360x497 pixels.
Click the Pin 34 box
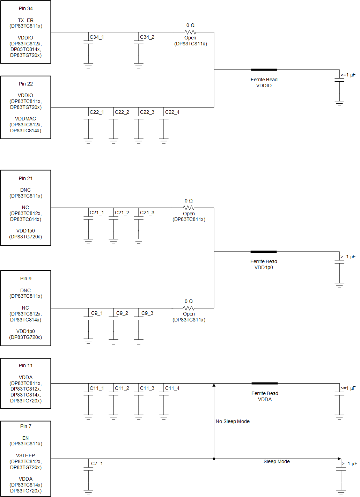[x=25, y=32]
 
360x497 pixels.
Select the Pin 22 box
[x=25, y=107]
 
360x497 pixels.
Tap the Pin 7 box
[x=25, y=458]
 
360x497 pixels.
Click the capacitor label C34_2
[x=147, y=37]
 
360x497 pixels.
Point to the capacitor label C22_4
[x=172, y=112]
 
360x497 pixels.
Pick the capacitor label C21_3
[x=147, y=213]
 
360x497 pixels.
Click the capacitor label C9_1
[x=97, y=313]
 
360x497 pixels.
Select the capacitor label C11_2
[x=122, y=388]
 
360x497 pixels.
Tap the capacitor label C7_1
[x=97, y=463]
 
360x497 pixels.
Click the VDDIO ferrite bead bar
[x=264, y=70]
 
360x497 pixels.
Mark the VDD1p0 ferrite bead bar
[x=264, y=252]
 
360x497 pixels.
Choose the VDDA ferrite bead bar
[x=265, y=383]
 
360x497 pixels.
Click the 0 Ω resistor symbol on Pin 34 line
[x=190, y=32]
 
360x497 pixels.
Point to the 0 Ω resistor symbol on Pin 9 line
[x=189, y=308]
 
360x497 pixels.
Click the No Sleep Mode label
[x=233, y=421]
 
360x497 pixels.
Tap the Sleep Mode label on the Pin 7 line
[x=277, y=461]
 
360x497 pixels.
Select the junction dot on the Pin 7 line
[x=214, y=459]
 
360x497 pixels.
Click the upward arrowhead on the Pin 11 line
[x=214, y=385]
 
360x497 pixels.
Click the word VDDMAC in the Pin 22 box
[x=25, y=119]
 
